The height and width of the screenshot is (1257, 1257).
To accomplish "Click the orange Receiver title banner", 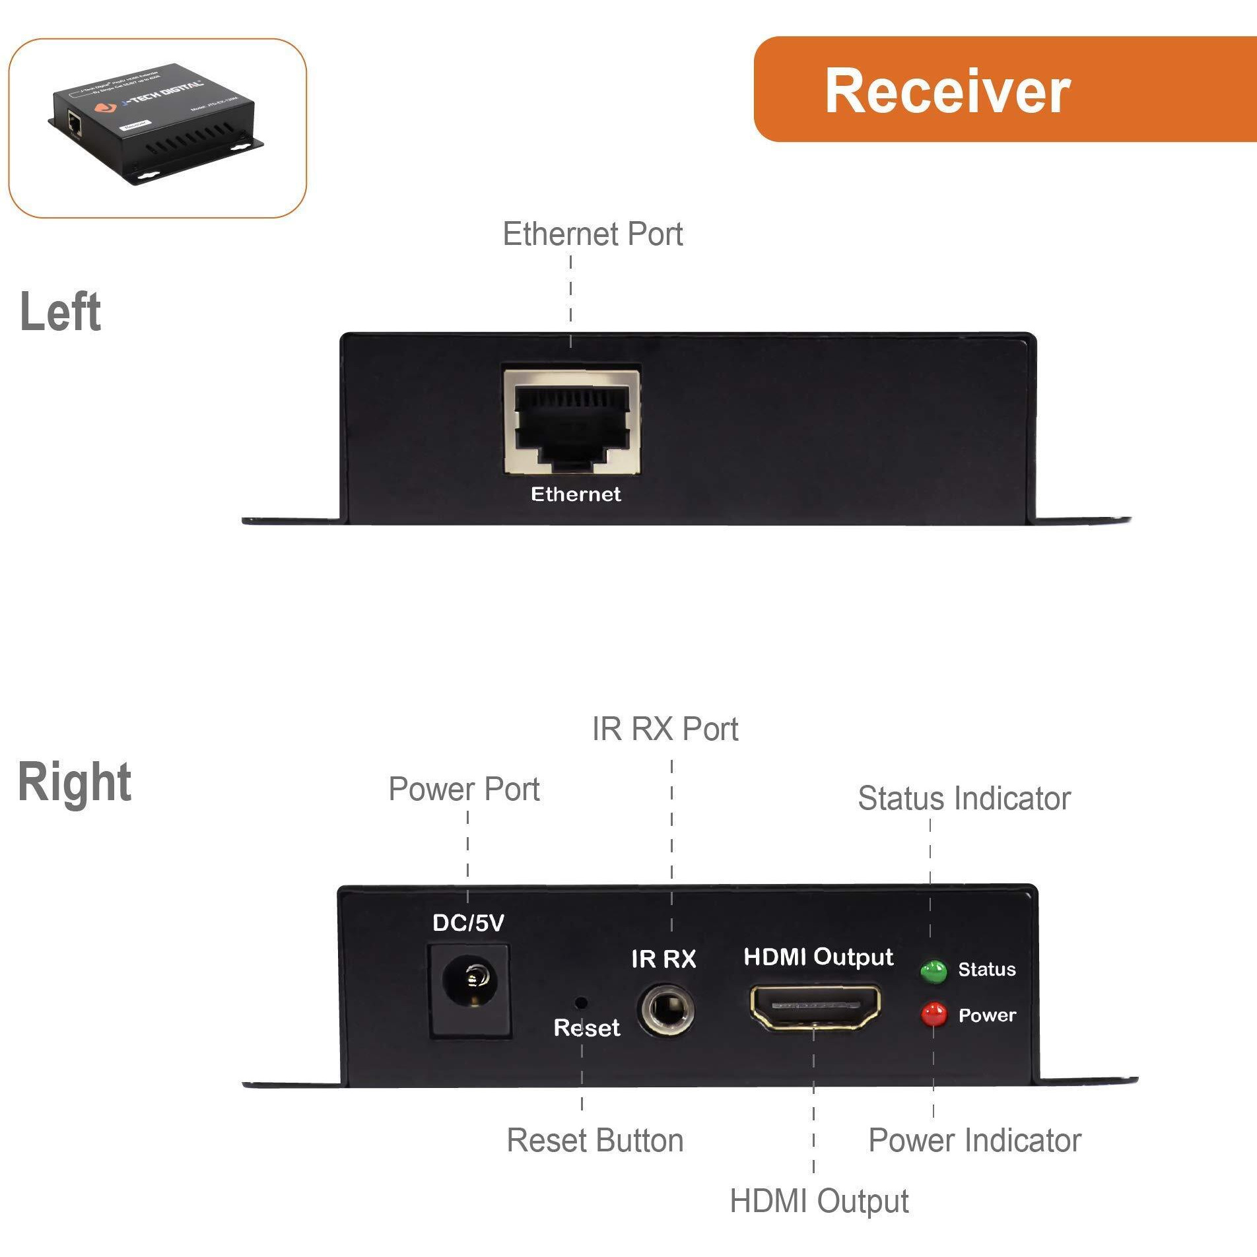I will (x=1003, y=90).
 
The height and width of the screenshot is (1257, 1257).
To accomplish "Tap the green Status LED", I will (x=934, y=971).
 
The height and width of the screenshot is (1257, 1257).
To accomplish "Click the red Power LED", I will (x=934, y=1014).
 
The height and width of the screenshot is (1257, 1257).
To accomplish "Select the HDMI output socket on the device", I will (x=815, y=1007).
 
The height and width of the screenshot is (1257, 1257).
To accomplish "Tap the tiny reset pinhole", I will (x=581, y=1003).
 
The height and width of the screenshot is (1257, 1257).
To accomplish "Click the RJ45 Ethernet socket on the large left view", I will (x=572, y=422).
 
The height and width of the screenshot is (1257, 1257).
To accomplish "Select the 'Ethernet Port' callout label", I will (x=592, y=234).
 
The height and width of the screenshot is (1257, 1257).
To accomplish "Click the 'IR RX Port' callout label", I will (x=665, y=730).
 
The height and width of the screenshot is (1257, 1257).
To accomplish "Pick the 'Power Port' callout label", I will (x=463, y=790).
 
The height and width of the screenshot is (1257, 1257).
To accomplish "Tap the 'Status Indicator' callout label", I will (x=963, y=799).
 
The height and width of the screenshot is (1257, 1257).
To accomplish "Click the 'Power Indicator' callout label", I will (x=974, y=1141).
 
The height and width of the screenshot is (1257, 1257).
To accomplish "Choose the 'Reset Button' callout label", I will (x=595, y=1141).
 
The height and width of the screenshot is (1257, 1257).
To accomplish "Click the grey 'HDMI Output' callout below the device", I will (x=819, y=1202).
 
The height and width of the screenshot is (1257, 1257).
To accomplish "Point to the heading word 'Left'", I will (x=60, y=312).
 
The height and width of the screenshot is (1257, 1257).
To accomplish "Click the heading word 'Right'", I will (x=74, y=782).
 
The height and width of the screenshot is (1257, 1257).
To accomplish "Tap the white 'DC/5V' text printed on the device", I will (x=468, y=923).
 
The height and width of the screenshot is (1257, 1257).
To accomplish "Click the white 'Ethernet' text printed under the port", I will (x=576, y=494).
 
